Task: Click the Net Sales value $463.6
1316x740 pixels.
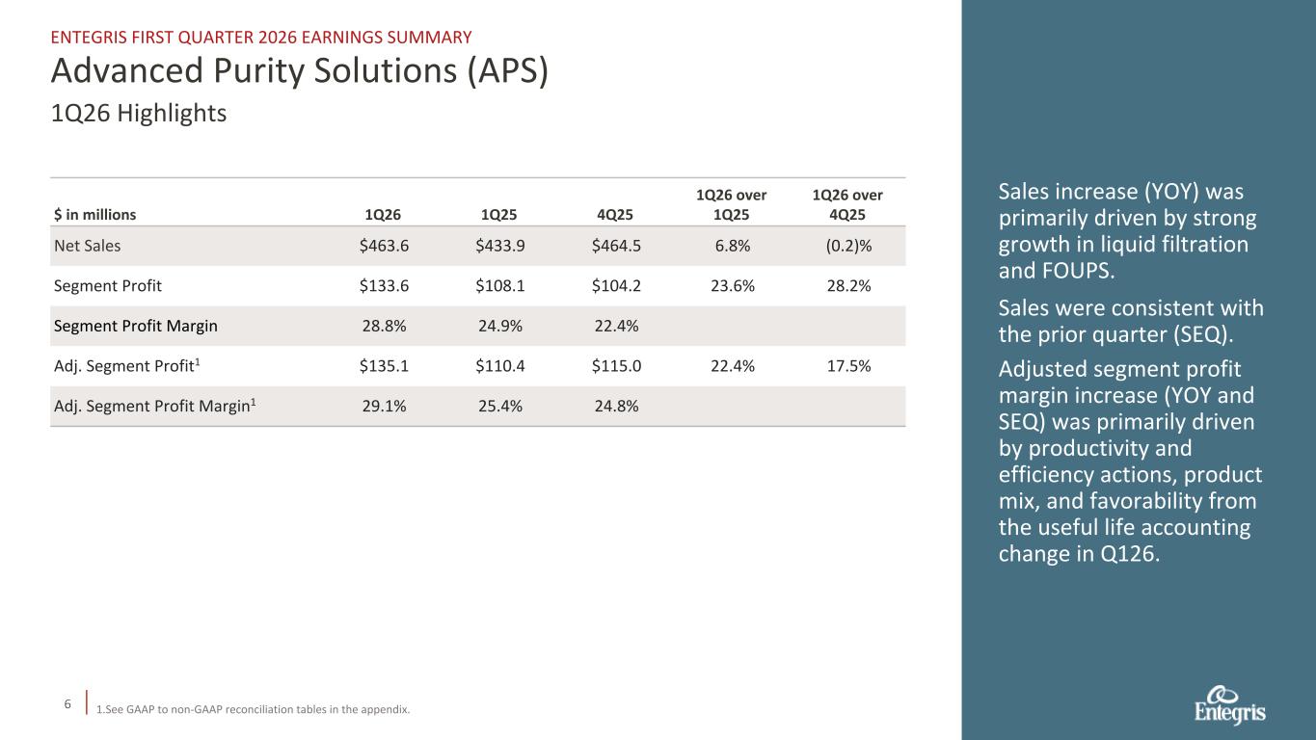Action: coord(384,246)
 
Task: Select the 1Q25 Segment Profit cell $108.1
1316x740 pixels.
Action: coord(501,286)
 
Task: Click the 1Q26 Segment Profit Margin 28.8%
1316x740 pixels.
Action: coord(384,326)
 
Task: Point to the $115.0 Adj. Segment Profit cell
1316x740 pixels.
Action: coord(617,366)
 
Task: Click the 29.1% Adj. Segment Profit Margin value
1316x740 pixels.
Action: coord(384,407)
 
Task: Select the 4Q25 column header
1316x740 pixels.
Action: coord(617,215)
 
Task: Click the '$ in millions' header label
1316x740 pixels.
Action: coord(95,215)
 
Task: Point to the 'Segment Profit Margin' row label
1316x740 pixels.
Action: coord(135,326)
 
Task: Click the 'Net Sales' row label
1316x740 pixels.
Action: coord(88,246)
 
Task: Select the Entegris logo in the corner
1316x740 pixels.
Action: coord(1229,705)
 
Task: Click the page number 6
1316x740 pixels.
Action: coord(67,704)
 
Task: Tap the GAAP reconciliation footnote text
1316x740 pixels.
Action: coord(253,710)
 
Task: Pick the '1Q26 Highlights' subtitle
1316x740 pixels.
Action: coord(139,114)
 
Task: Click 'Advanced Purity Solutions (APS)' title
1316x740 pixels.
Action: coord(300,72)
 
